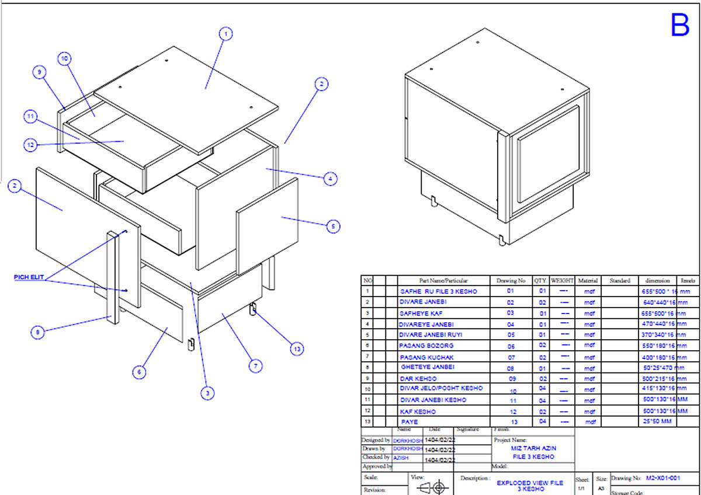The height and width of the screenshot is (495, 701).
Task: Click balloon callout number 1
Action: coord(225,34)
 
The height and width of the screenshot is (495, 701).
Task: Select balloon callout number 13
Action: coord(299,348)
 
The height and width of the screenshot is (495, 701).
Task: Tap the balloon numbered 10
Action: coord(65,58)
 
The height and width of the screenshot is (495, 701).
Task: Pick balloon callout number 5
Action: coord(332,226)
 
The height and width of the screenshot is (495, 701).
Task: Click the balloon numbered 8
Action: coord(38,332)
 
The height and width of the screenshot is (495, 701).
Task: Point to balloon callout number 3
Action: coord(206,393)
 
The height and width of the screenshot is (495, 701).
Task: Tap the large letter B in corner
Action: coord(679,25)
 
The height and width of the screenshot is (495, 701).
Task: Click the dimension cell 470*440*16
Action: coord(656,324)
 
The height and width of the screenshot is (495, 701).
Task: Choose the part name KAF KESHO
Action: coord(418,411)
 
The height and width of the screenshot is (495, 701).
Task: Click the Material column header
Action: coord(588,280)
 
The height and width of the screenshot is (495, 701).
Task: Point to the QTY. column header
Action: coord(540,280)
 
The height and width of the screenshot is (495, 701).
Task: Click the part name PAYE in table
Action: coord(410,421)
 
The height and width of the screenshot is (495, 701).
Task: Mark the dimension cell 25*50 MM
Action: coord(657,421)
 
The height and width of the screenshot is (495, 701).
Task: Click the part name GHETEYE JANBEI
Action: coord(428,367)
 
